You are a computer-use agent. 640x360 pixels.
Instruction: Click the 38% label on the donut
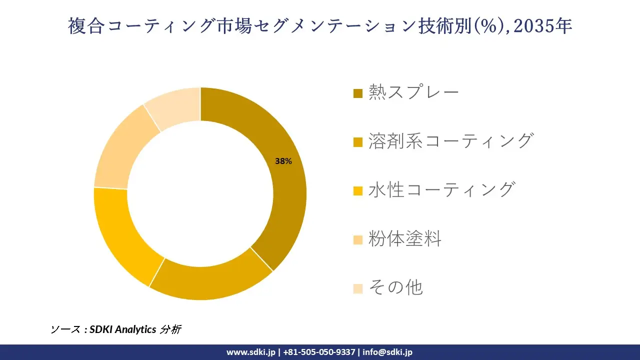point(283,161)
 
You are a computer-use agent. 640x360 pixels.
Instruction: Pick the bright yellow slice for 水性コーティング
point(120,235)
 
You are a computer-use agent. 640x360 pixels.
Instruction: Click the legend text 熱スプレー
point(413,92)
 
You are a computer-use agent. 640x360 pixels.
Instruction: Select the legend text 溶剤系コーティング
point(450,141)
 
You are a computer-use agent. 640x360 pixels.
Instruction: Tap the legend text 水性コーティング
point(441,190)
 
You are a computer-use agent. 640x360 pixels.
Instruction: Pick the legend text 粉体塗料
point(405,239)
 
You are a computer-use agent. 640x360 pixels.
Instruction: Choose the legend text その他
point(395,287)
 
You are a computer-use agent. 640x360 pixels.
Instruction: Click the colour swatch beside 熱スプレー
point(357,93)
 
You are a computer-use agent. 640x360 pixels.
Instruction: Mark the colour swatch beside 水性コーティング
point(357,191)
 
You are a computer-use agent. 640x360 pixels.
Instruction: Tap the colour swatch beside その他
point(357,288)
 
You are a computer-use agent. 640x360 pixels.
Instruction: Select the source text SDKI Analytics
point(123,329)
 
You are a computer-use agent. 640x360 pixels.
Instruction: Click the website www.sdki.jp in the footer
point(250,352)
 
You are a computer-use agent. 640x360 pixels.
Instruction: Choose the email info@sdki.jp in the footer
point(387,352)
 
